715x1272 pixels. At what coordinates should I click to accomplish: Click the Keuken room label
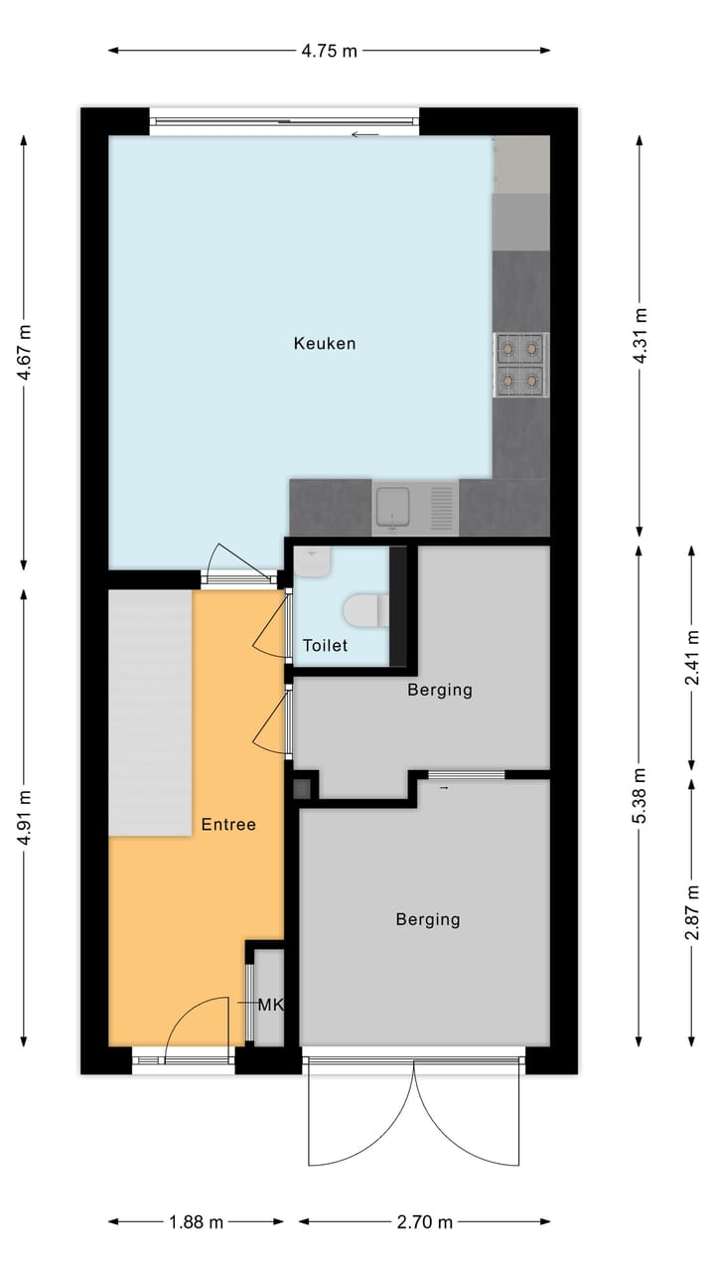[325, 344]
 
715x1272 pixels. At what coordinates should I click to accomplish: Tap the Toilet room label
[325, 645]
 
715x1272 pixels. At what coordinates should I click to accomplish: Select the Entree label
[228, 825]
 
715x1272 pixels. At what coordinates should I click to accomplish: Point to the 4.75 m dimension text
[329, 51]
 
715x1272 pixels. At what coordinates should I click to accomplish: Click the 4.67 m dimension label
[24, 352]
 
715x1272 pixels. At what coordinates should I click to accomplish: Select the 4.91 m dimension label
[24, 817]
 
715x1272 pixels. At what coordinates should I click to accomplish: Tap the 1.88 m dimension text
[197, 1222]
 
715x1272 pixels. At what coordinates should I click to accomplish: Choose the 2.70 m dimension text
[425, 1222]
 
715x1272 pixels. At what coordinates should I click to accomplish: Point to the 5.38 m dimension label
[640, 795]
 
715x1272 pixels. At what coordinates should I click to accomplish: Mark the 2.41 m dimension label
[692, 658]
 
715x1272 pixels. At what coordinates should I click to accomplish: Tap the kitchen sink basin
[392, 507]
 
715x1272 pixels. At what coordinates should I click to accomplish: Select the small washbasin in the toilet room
[312, 562]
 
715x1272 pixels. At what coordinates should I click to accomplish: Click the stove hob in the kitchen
[520, 365]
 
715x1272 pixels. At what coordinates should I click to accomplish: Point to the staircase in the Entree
[150, 713]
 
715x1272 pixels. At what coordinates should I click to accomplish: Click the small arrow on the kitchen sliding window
[364, 134]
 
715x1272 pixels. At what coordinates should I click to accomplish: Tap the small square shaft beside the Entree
[303, 789]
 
